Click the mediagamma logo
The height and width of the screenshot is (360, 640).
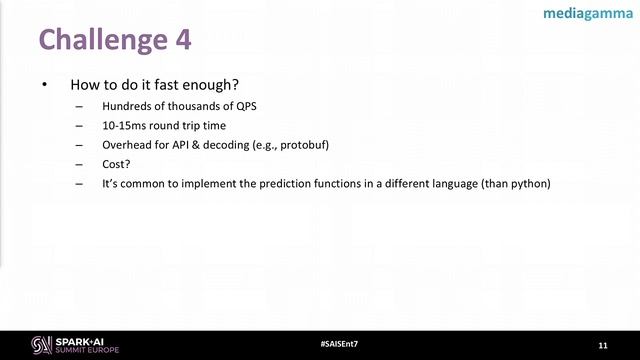point(585,14)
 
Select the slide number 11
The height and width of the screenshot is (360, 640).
point(602,344)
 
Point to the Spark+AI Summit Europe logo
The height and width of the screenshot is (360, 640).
point(76,344)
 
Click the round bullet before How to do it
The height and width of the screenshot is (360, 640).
point(44,85)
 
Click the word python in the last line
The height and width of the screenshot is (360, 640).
point(529,184)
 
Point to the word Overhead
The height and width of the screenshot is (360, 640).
point(128,145)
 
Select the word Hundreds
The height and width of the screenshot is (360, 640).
point(128,106)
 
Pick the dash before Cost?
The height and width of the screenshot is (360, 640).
point(80,164)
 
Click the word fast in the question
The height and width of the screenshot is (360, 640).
point(160,85)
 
